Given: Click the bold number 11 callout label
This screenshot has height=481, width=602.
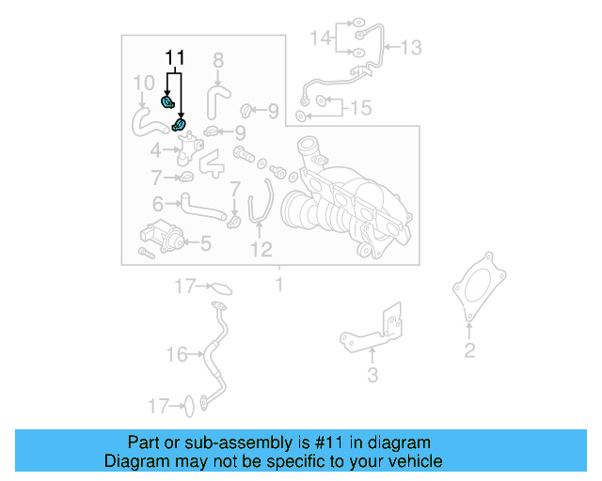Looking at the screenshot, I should pyautogui.click(x=173, y=58).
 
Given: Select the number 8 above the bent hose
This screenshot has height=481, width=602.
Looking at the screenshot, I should pyautogui.click(x=218, y=61).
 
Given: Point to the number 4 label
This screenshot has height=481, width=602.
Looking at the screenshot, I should pyautogui.click(x=155, y=149).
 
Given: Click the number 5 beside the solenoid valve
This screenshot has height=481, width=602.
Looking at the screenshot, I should pyautogui.click(x=205, y=244).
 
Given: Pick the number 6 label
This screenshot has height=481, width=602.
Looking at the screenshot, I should pyautogui.click(x=157, y=202).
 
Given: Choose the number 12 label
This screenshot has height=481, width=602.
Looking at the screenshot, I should pyautogui.click(x=261, y=249).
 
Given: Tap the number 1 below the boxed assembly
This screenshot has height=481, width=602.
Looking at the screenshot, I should pyautogui.click(x=278, y=283).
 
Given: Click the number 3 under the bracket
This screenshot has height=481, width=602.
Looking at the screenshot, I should pyautogui.click(x=372, y=376).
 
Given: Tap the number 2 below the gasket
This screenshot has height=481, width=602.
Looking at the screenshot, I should pyautogui.click(x=469, y=351).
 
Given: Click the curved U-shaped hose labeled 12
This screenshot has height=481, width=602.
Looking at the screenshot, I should pyautogui.click(x=260, y=202).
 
